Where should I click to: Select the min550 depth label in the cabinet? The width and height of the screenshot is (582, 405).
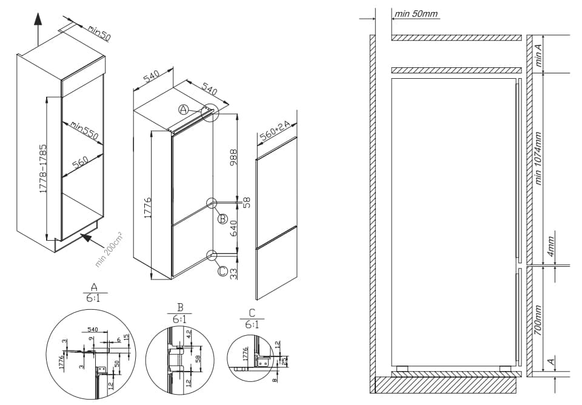[84, 130]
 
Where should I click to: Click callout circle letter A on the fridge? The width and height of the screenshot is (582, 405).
[184, 110]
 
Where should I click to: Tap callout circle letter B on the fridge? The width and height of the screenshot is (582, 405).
[222, 219]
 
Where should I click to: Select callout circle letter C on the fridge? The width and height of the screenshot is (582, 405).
[222, 272]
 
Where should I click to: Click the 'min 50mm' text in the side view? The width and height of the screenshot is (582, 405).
[416, 14]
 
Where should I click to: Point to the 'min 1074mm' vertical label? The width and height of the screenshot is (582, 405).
[538, 159]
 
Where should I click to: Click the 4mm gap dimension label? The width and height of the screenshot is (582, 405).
[551, 249]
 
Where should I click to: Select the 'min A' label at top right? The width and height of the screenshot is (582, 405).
[538, 54]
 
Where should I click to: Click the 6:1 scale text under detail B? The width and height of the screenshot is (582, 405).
[180, 319]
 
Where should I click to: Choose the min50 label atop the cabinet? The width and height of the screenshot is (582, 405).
[99, 33]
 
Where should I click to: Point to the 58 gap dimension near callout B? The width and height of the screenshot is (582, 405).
[246, 202]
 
